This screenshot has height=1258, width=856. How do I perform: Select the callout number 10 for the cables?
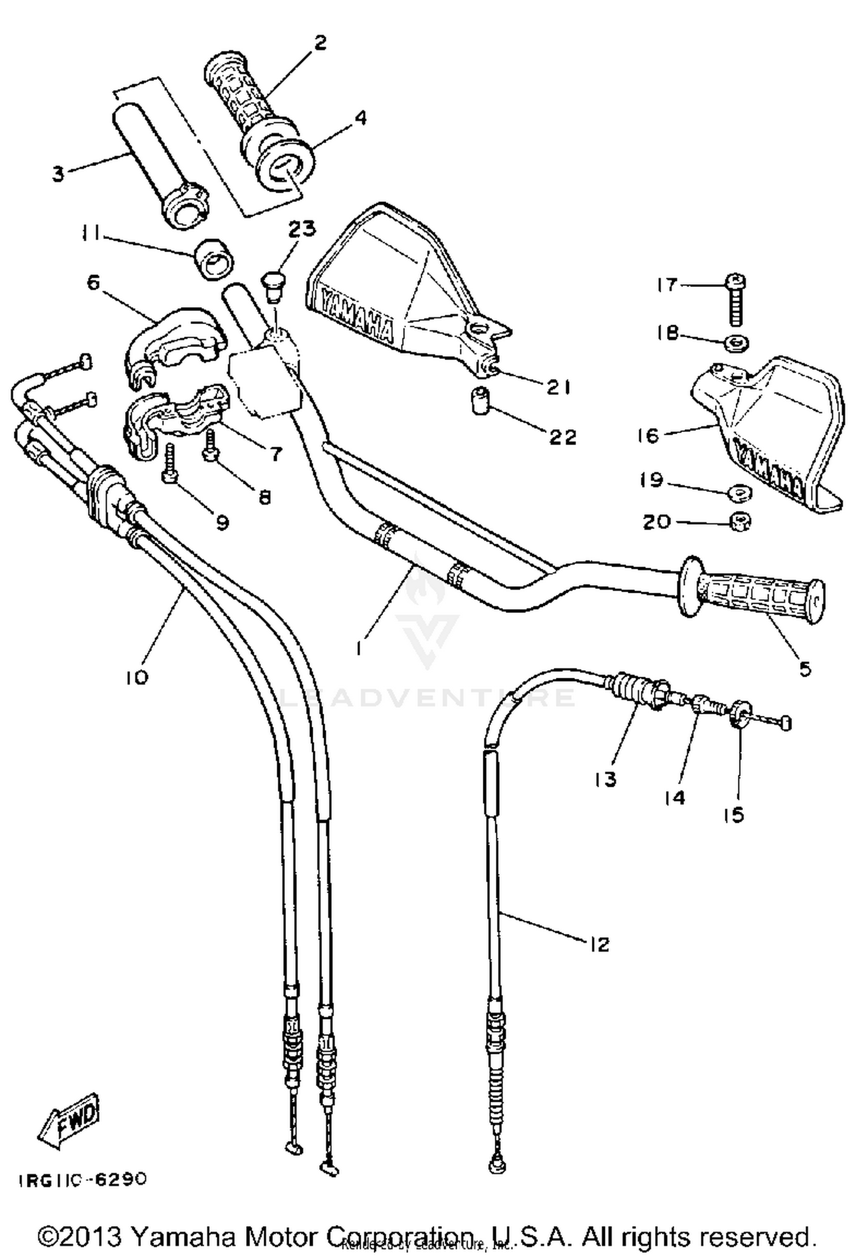(x=137, y=677)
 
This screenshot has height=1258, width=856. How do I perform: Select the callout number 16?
(x=648, y=435)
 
